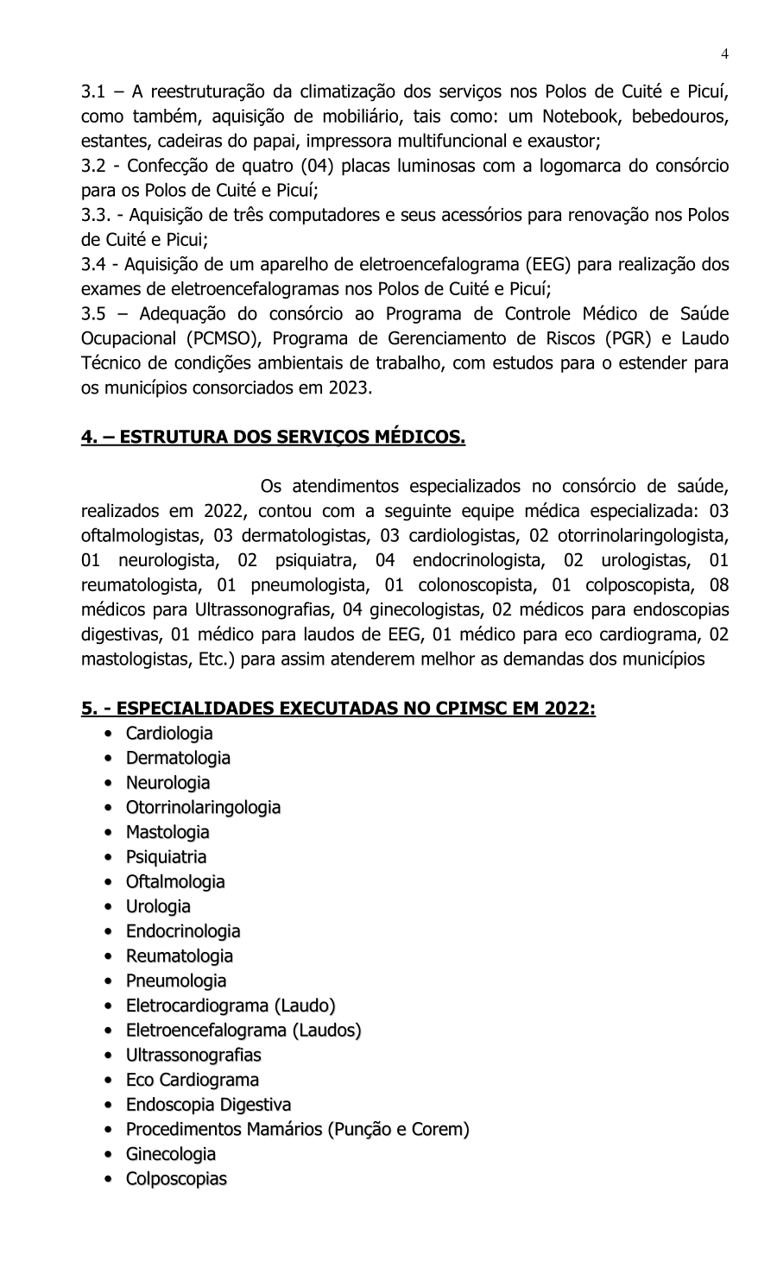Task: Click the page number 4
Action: [725, 54]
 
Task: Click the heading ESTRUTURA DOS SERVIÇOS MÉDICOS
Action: [273, 438]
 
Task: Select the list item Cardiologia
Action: [169, 734]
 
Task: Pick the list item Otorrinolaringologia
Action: [203, 808]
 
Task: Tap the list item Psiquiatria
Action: [166, 857]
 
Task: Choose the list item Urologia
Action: [158, 906]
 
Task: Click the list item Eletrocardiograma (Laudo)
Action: [231, 1006]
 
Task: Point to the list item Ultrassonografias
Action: [193, 1055]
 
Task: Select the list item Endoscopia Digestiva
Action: [208, 1105]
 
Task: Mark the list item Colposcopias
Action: [176, 1179]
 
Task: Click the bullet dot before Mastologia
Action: [108, 833]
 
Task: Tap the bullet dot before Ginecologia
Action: [108, 1155]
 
